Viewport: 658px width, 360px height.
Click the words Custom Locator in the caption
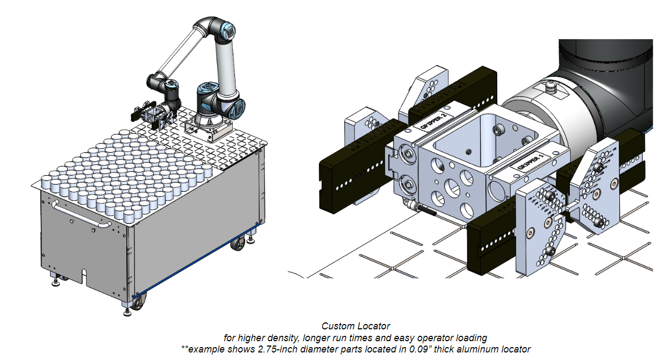pos(355,326)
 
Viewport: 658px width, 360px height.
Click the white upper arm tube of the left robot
pos(180,51)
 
